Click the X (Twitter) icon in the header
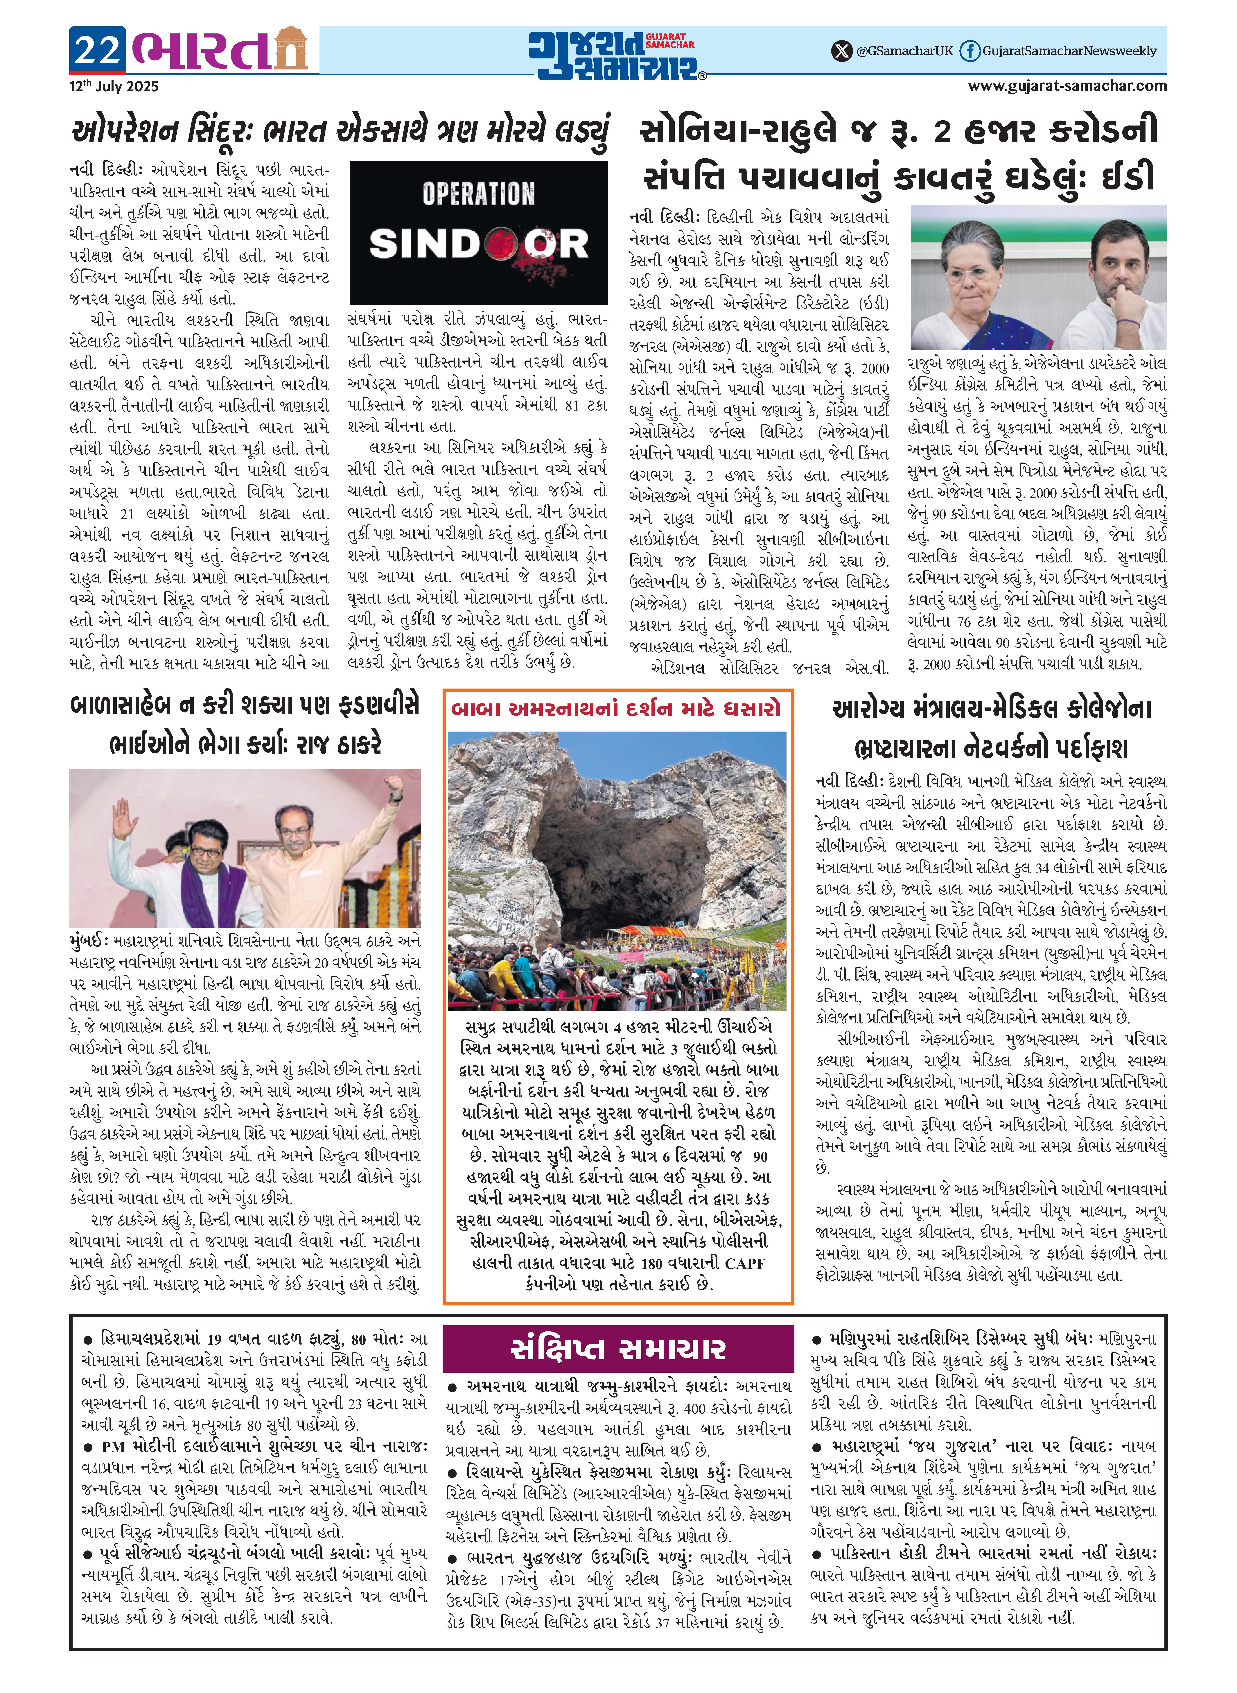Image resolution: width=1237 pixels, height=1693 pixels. tap(842, 51)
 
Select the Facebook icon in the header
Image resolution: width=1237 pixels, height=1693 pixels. tap(970, 51)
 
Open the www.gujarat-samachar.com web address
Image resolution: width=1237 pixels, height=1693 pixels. tap(1067, 85)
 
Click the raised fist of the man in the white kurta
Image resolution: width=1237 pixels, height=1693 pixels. tap(393, 786)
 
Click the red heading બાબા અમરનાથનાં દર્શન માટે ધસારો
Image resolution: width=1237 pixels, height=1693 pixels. tap(615, 708)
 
